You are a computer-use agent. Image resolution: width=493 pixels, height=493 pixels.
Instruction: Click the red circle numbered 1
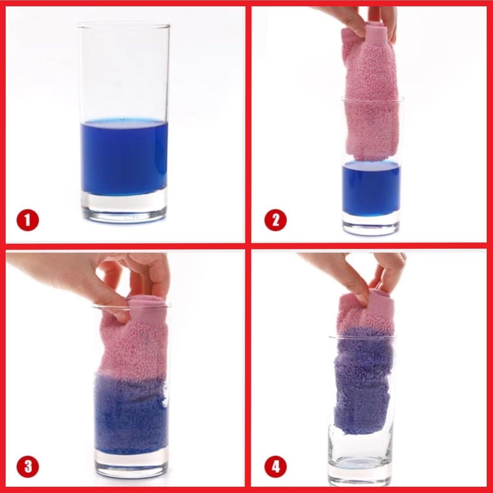click(28, 220)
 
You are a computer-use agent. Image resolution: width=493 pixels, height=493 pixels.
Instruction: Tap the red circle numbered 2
click(275, 220)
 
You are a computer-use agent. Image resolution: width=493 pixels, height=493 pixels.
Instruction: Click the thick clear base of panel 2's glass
click(372, 225)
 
